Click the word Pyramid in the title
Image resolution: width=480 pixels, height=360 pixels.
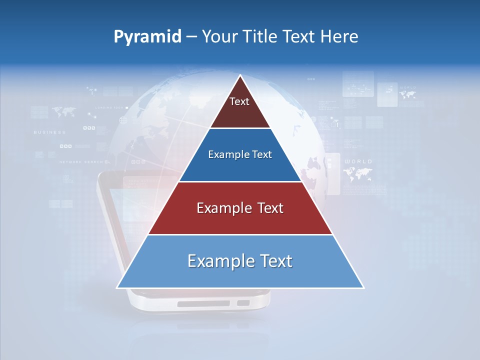(147, 36)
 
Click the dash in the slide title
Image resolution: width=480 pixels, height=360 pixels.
(191, 37)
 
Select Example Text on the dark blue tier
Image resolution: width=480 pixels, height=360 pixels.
(240, 154)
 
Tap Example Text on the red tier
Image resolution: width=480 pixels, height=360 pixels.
(240, 208)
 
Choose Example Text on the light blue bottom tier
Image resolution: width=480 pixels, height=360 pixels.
(240, 261)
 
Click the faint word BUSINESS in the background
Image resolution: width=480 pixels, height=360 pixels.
(49, 132)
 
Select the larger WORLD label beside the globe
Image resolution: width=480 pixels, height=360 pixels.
(358, 161)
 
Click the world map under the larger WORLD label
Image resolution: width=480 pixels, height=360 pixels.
(357, 174)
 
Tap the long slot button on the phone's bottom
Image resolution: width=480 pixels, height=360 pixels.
(203, 303)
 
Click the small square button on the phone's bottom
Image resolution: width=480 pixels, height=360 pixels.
(243, 303)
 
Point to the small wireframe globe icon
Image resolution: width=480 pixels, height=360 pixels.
(123, 120)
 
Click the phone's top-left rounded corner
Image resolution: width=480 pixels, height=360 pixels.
(100, 175)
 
